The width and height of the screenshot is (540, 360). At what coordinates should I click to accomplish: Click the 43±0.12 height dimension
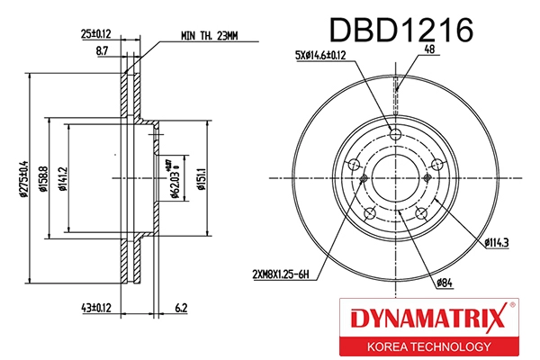tap(94, 309)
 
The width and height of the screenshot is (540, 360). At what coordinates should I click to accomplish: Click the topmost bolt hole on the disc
tap(395, 135)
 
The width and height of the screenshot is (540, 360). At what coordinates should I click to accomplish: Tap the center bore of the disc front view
tap(395, 178)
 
